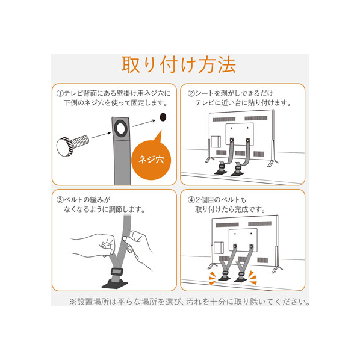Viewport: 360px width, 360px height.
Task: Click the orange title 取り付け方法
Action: click(178, 64)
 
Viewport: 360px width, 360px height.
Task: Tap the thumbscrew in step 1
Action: click(73, 146)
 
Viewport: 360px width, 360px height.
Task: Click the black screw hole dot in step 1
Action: click(163, 117)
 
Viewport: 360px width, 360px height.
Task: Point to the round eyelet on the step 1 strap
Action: click(120, 128)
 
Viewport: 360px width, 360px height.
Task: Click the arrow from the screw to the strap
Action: click(101, 135)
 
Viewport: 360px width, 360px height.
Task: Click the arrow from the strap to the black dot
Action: click(144, 123)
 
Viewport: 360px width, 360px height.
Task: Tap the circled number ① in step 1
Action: click(60, 93)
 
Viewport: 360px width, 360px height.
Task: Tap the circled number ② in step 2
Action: click(191, 93)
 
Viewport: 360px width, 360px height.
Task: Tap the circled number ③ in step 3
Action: click(60, 200)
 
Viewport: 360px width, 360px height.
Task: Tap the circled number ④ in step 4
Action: click(191, 200)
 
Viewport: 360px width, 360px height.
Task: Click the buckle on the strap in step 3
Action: click(117, 272)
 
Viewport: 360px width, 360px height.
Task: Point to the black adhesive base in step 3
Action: click(115, 284)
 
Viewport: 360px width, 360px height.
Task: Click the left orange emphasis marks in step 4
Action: click(212, 278)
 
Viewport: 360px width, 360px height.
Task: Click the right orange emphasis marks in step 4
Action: click(253, 278)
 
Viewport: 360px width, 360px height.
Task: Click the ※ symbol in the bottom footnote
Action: click(73, 302)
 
